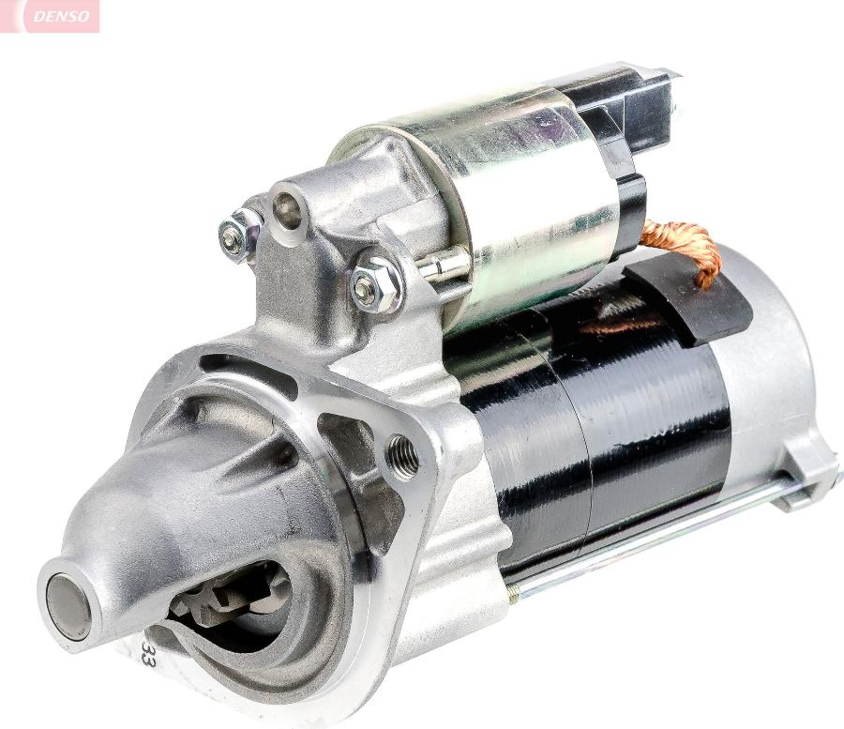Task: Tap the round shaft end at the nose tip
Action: [x=68, y=605]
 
